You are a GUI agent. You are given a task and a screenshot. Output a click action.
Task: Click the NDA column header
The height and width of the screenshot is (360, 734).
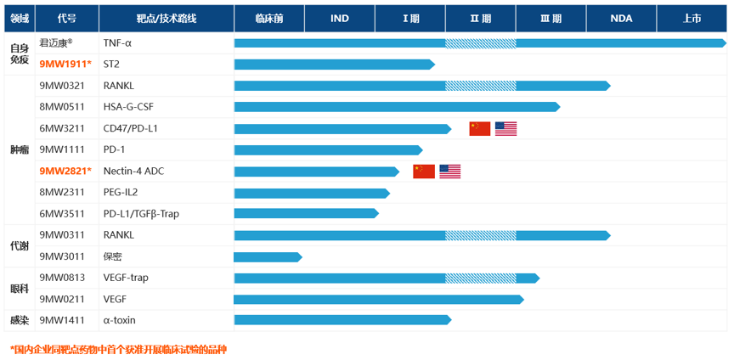tap(620, 18)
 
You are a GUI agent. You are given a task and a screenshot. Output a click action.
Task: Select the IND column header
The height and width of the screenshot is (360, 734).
tap(339, 18)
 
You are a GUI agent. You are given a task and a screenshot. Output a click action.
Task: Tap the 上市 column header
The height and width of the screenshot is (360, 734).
tap(691, 18)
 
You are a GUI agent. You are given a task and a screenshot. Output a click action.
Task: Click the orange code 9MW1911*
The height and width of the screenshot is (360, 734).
tap(65, 65)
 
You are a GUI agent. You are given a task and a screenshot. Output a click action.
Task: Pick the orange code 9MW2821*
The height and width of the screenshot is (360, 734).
tap(65, 172)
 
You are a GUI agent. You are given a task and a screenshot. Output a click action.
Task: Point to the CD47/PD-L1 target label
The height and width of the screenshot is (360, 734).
tap(130, 129)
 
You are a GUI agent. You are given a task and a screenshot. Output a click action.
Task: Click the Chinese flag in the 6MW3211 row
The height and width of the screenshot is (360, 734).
tap(480, 129)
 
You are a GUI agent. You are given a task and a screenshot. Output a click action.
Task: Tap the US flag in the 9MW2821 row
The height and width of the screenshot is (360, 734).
tap(450, 172)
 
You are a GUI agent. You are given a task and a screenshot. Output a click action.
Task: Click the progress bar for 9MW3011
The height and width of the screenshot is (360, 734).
tap(267, 256)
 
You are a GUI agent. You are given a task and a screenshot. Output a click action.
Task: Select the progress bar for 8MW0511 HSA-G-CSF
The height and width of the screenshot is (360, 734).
tap(396, 107)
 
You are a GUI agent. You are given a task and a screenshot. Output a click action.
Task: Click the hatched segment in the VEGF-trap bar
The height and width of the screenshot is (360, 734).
tap(480, 278)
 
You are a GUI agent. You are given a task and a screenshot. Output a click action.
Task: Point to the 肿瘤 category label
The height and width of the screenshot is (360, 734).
tap(19, 149)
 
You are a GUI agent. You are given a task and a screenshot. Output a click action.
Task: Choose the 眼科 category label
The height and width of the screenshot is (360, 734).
tap(19, 289)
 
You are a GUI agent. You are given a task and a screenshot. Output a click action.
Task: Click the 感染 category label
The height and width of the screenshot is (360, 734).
tap(19, 321)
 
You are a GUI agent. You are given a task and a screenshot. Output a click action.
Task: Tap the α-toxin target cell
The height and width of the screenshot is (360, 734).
tap(119, 321)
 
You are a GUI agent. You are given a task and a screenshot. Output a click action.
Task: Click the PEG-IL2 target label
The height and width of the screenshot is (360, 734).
tap(121, 193)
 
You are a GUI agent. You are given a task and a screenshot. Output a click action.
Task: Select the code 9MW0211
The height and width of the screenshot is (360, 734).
tap(62, 299)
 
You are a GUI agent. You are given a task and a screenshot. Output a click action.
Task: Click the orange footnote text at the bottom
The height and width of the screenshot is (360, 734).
tap(118, 349)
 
